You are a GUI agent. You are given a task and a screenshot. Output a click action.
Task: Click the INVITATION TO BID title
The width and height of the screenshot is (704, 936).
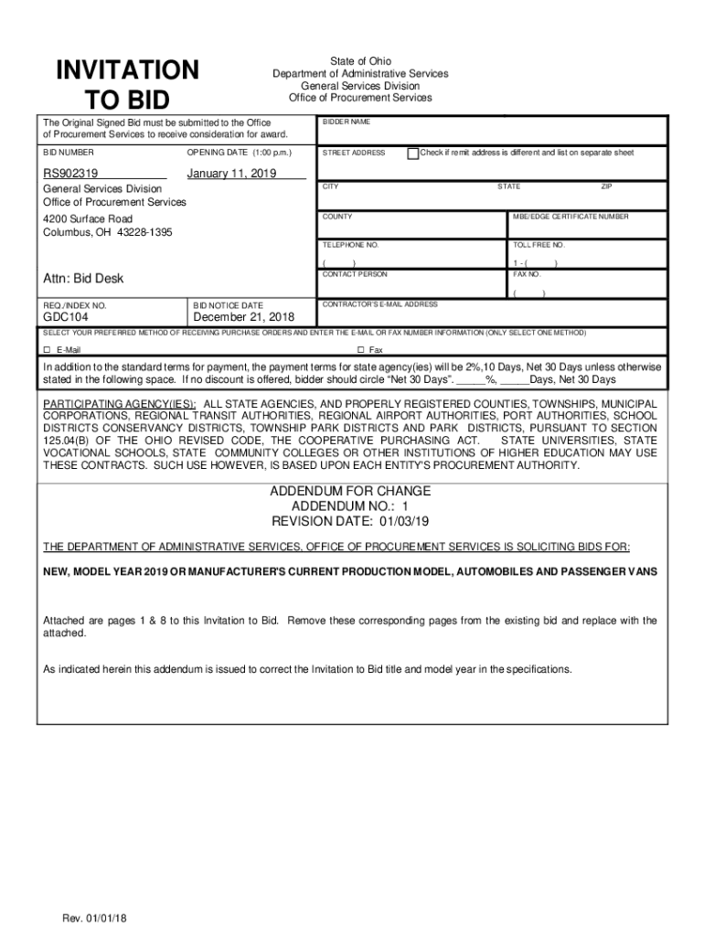(x=127, y=84)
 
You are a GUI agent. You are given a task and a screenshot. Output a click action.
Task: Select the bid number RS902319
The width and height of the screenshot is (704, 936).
(x=71, y=174)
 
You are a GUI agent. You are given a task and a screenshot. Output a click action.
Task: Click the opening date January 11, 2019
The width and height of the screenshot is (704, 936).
(x=231, y=174)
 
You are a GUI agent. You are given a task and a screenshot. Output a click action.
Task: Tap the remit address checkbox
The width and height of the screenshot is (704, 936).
(x=413, y=153)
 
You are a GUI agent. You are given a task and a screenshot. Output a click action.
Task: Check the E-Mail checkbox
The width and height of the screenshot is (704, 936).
(x=48, y=350)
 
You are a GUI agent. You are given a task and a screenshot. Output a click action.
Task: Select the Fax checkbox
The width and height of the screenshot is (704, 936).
(x=360, y=350)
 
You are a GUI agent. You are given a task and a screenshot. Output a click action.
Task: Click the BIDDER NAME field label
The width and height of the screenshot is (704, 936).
(x=346, y=122)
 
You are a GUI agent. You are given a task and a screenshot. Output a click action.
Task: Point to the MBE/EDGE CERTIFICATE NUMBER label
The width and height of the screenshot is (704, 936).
(x=571, y=218)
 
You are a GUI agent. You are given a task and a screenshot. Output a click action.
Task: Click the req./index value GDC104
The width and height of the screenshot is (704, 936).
(x=66, y=317)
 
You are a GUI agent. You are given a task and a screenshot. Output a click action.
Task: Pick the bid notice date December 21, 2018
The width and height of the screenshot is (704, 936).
(x=244, y=317)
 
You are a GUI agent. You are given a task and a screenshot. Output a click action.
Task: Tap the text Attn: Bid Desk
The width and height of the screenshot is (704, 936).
(x=83, y=278)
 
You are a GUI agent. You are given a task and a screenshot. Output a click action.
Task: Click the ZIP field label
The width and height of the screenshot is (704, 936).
(x=605, y=186)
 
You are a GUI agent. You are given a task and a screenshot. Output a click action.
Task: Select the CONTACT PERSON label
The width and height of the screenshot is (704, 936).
(x=355, y=274)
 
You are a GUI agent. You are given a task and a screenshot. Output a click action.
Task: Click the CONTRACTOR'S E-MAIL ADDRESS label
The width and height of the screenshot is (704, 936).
(x=379, y=304)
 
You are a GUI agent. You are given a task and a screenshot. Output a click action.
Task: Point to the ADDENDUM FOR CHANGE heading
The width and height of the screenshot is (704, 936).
(x=350, y=491)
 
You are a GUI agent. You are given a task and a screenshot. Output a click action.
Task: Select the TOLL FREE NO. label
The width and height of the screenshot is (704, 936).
(x=539, y=245)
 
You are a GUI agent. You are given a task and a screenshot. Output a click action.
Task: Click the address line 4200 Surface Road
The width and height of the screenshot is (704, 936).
(x=88, y=219)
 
